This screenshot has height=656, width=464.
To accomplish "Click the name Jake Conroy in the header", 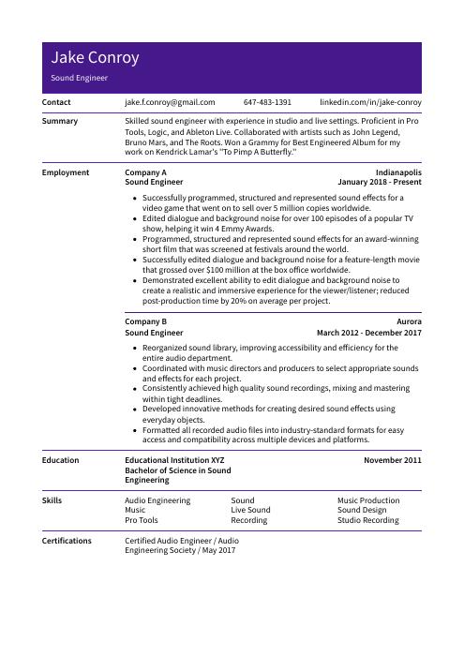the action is (x=96, y=58).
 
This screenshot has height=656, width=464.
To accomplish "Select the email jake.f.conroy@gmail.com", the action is (x=170, y=102).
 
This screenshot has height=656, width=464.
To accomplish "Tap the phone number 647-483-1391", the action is (x=267, y=102).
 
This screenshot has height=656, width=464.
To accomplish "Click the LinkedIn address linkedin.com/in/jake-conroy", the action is (x=370, y=102).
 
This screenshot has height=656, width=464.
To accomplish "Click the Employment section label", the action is (x=66, y=172).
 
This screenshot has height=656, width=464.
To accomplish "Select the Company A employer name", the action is (x=145, y=173).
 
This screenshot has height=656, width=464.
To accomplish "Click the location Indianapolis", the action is (x=398, y=173).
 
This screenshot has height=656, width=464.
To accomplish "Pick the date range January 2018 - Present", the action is (x=380, y=183).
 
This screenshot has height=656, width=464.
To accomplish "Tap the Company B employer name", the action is (x=145, y=321).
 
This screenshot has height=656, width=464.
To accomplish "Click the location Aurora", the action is (x=409, y=321).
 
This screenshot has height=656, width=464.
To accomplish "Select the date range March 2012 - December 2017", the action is (x=369, y=332).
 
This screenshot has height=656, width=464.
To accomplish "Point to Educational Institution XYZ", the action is (x=174, y=460).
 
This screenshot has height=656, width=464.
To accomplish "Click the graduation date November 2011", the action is (x=392, y=460).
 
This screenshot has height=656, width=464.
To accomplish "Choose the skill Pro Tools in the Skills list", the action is (x=142, y=520).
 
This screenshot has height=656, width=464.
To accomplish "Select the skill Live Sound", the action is (x=250, y=510).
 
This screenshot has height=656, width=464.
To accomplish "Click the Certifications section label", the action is (x=67, y=541).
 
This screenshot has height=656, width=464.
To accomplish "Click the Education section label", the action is (x=61, y=460).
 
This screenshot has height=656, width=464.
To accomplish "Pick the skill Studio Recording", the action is (x=367, y=520).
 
